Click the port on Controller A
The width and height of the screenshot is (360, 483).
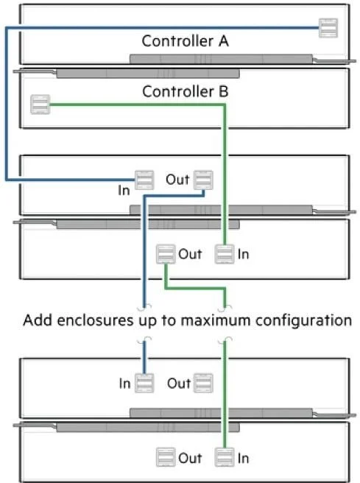click(x=328, y=28)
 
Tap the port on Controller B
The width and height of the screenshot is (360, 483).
click(x=40, y=105)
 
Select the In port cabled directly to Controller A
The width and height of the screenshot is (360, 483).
click(x=144, y=180)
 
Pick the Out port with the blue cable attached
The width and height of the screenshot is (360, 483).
click(x=203, y=180)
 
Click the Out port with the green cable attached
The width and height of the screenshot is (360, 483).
click(x=166, y=254)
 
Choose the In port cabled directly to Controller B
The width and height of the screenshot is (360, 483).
click(x=225, y=254)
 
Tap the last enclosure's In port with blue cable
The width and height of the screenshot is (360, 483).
click(x=144, y=383)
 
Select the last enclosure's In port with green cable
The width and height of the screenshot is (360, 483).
click(x=225, y=457)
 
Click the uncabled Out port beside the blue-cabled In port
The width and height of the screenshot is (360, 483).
click(x=203, y=383)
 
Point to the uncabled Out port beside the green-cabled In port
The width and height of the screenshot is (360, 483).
click(x=166, y=457)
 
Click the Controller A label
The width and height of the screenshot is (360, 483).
click(x=185, y=41)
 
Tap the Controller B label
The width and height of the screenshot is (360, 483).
click(x=185, y=91)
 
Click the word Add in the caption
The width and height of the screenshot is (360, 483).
click(x=38, y=320)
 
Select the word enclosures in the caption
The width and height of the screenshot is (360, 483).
click(x=96, y=320)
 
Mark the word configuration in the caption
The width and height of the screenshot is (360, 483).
click(x=303, y=321)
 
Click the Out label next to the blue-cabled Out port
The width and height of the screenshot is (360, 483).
click(x=177, y=180)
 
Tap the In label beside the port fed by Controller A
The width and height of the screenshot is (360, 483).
click(x=124, y=191)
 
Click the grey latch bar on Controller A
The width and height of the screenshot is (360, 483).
click(x=221, y=59)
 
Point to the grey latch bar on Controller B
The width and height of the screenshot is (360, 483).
click(x=148, y=74)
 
